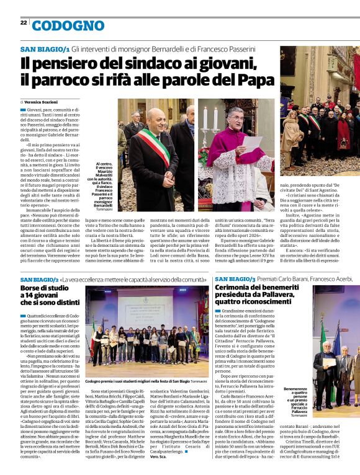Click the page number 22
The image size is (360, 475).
(x=23, y=22)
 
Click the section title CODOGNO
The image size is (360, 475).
(x=68, y=25)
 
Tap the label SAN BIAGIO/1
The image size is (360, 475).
(x=45, y=48)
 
